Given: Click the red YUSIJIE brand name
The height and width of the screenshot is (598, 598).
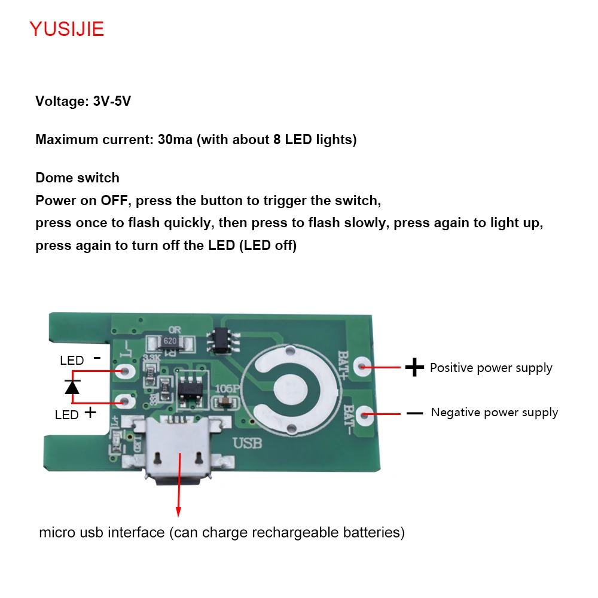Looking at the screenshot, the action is (x=67, y=29).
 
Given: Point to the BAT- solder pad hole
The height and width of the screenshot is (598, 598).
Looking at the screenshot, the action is (x=366, y=413).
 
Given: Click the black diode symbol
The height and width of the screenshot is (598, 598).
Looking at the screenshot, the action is (x=72, y=387).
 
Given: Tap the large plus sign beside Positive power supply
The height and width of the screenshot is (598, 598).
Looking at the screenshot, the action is (x=414, y=367).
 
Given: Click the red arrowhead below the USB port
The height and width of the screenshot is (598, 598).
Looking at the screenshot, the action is (x=178, y=511).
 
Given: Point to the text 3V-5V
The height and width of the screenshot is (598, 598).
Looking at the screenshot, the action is (x=112, y=102).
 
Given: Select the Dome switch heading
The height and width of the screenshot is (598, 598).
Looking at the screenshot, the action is (x=77, y=178).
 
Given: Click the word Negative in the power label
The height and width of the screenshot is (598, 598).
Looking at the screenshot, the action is (x=455, y=413).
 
